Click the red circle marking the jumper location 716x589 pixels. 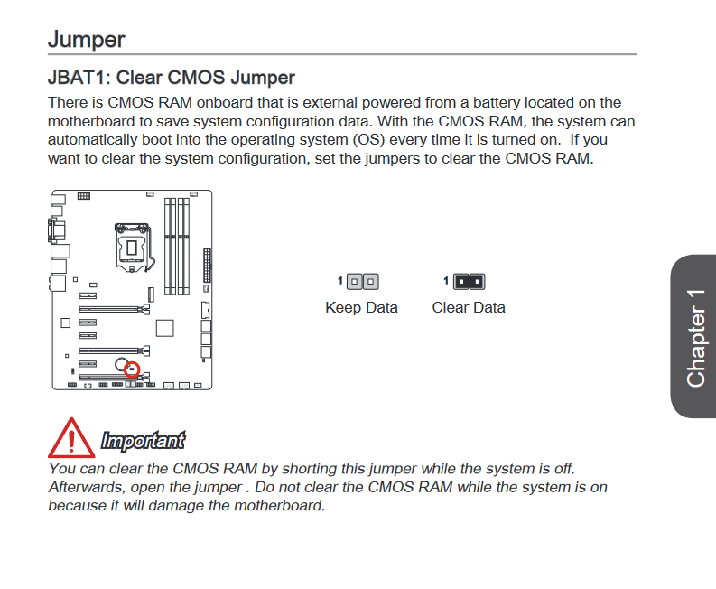132,369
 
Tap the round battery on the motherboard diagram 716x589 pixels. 120,364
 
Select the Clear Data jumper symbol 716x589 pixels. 469,282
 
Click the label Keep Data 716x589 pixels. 361,307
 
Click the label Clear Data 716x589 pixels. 469,307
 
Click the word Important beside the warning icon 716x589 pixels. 143,441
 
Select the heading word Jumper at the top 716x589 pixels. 86,40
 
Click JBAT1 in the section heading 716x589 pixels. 79,79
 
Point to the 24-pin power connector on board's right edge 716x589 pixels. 207,266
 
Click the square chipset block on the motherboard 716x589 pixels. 164,328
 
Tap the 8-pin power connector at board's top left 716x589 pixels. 84,195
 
